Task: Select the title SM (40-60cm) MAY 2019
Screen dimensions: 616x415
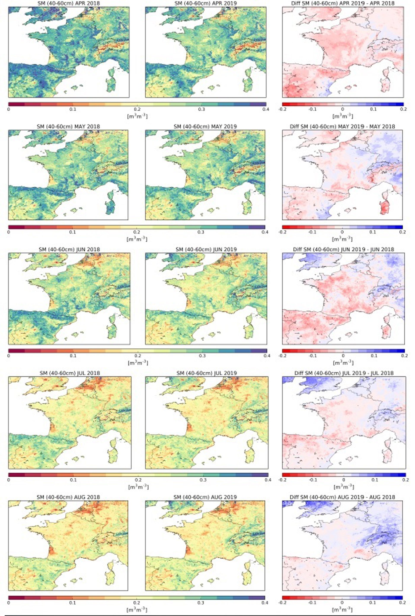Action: (x=205, y=127)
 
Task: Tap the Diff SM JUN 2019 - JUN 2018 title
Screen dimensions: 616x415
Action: (x=343, y=249)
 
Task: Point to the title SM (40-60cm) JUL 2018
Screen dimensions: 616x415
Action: (x=70, y=373)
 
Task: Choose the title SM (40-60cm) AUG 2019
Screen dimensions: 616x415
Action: (x=205, y=497)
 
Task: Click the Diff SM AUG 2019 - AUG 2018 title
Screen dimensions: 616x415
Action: (x=342, y=497)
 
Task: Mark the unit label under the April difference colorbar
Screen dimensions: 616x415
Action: (x=343, y=116)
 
